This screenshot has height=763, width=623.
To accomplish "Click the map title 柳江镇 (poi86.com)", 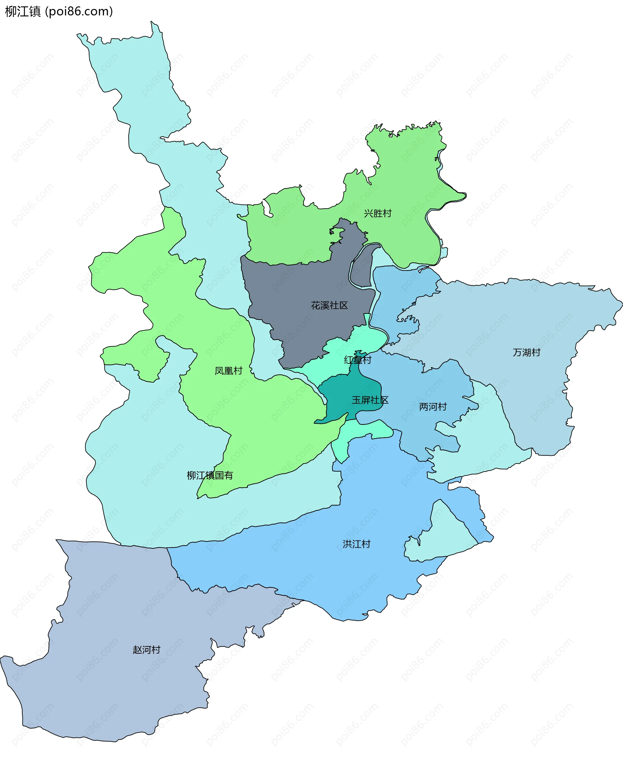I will pos(59,11).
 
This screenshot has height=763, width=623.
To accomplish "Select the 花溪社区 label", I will pos(329,305).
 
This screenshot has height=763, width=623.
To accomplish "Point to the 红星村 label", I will pos(358,360).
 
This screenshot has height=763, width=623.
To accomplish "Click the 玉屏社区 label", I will pos(370,400).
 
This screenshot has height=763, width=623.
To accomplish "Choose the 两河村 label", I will pos(433,407).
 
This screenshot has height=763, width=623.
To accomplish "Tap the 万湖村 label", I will pos(526,352).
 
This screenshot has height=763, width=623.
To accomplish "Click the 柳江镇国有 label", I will pos(210,475).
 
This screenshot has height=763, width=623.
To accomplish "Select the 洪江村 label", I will pos(356,544).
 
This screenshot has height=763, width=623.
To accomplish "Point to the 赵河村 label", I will pos(146,650).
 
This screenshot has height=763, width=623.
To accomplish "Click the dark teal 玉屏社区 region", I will pos(345,395).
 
